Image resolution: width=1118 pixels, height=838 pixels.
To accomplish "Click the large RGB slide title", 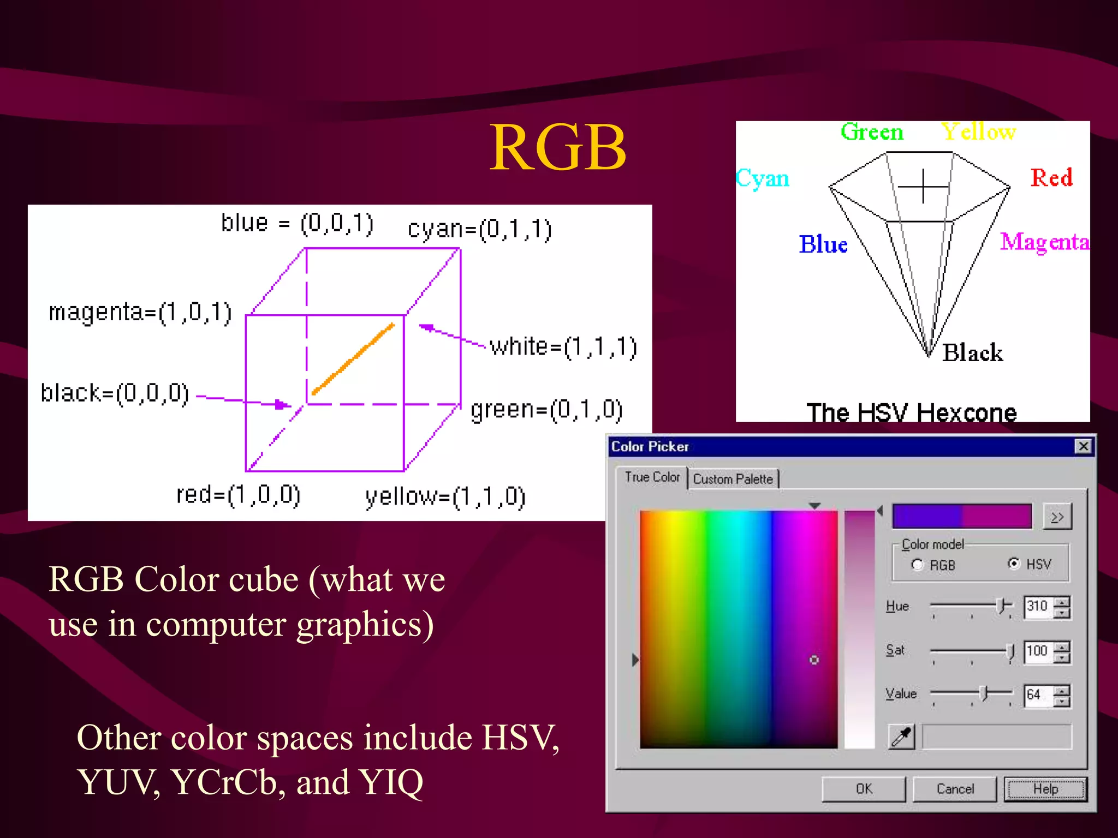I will pos(557,147).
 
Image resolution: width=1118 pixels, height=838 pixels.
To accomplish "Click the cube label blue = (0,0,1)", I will pos(298,223).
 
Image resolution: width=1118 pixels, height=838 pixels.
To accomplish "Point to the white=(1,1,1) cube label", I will pos(563,347).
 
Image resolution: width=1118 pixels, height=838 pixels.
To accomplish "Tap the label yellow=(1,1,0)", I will pos(445,497).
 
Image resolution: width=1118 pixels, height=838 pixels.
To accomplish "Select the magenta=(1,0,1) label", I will pos(140,313).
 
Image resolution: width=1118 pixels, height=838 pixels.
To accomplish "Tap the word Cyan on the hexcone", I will pos(763,178).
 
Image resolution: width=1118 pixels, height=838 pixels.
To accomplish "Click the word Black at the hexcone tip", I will pos(972,352).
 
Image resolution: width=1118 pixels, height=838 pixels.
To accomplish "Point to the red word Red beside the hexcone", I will pos(1051,178).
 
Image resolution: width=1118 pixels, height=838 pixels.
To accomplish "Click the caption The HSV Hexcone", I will pos(912,412).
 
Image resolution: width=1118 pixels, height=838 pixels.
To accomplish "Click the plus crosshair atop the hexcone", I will pos(923,187).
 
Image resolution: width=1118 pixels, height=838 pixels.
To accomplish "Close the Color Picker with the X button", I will pos(1083,446).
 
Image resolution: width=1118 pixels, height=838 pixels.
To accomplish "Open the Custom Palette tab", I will pos(733,479).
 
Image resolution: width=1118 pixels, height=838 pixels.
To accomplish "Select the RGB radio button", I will pos(918,565).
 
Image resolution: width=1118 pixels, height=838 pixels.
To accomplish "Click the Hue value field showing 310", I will pos(1038,606).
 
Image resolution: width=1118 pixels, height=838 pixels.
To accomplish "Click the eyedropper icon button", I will pos(901,737).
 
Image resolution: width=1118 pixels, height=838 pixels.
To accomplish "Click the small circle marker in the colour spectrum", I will pos(814,660).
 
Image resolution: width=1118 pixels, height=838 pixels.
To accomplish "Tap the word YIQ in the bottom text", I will pos(391,782).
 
